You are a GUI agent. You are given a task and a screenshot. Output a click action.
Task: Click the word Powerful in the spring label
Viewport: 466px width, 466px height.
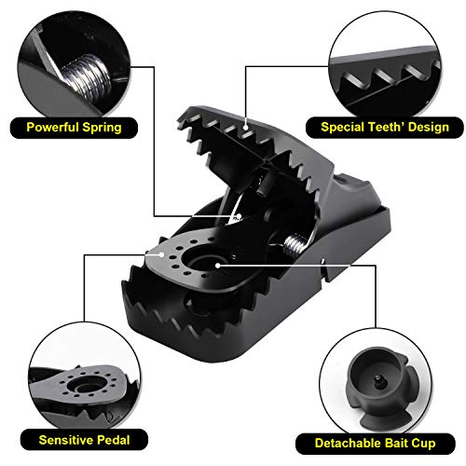point(52,128)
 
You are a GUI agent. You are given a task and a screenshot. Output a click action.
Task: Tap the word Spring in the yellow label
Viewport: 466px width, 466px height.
point(102,128)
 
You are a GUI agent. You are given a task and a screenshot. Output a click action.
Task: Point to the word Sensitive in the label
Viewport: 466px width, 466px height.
point(66,440)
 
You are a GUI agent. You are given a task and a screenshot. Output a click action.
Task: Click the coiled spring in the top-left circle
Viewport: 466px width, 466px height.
point(87,77)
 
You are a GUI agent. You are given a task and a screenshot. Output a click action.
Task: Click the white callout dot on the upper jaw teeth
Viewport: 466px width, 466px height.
point(246,127)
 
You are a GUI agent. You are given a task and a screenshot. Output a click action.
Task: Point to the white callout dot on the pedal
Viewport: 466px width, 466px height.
point(161,254)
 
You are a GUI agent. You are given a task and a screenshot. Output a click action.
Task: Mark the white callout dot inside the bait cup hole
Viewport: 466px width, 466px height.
point(218,266)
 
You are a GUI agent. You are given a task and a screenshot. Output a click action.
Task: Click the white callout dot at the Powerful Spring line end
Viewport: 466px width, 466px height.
point(239,216)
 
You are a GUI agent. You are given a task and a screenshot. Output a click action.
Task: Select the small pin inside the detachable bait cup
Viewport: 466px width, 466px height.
point(378,381)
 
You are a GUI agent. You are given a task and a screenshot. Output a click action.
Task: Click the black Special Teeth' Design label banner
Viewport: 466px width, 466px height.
point(385,128)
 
